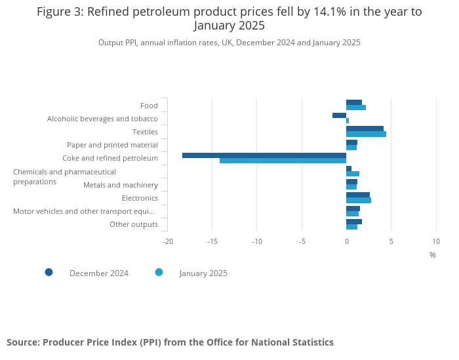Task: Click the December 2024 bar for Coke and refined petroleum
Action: coord(264,155)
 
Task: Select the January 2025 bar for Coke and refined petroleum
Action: coord(283,161)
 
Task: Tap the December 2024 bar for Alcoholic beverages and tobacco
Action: coord(339,115)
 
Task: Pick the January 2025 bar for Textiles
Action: coord(366,134)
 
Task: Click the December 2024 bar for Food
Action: coord(354,102)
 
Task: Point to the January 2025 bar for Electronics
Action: coord(359,200)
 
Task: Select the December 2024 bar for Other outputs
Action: coord(354,222)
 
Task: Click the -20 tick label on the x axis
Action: coord(167,241)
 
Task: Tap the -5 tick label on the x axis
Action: coord(302,241)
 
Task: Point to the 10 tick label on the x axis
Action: coord(436,241)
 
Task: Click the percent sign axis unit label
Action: coord(433,255)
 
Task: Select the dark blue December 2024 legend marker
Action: coord(49,272)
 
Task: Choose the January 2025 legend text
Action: coord(203,273)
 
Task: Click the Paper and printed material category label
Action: coord(112,145)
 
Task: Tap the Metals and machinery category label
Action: coord(121,185)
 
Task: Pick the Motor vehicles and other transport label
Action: coord(84,211)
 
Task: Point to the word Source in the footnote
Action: coord(22,342)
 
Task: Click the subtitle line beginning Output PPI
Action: coord(229,43)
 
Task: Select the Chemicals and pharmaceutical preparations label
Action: coord(64,176)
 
